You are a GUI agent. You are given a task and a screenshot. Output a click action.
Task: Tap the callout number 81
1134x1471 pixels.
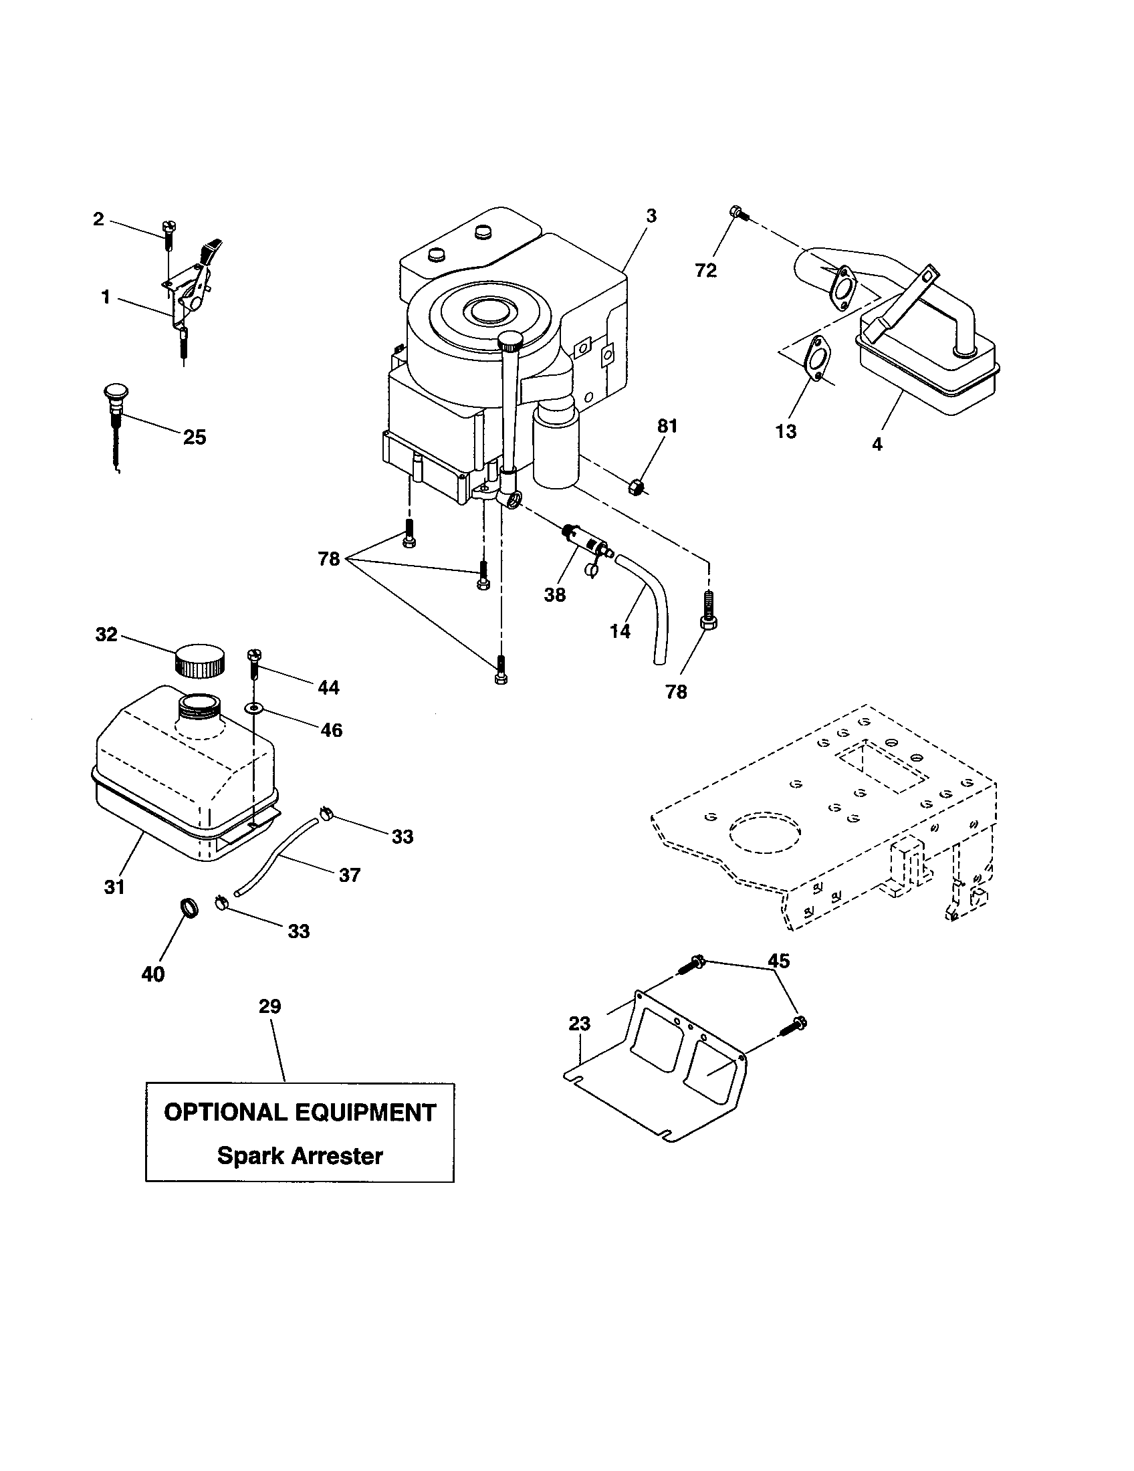click(x=667, y=426)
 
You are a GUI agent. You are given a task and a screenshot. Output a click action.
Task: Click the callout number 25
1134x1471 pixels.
click(x=195, y=437)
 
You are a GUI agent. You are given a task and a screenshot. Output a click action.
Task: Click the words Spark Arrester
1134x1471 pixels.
click(x=300, y=1155)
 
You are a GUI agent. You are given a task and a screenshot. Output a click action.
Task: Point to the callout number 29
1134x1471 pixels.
click(x=269, y=1006)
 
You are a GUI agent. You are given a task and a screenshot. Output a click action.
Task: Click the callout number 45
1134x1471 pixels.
click(x=778, y=961)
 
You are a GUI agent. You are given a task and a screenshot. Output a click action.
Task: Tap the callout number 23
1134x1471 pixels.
click(x=579, y=1024)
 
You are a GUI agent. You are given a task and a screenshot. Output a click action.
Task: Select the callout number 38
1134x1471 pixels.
click(x=555, y=594)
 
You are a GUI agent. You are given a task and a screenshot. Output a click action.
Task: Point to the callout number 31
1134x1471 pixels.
click(x=114, y=887)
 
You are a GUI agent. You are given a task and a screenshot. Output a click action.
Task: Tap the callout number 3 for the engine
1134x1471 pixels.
click(x=651, y=216)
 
